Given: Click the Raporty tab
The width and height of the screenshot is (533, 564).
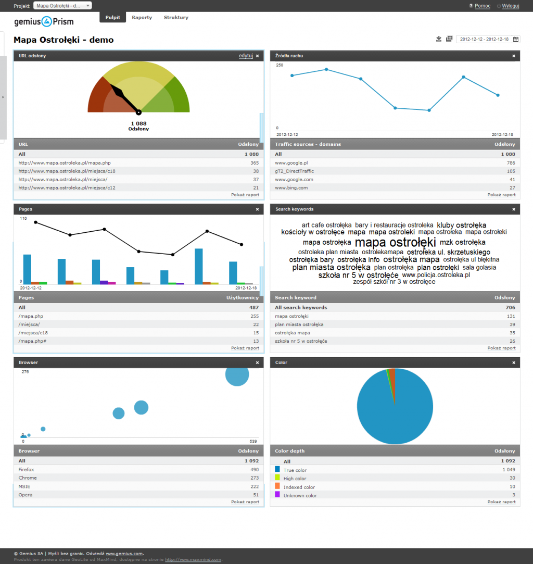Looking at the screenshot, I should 142,18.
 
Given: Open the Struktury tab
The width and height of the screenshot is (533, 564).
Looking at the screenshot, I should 176,18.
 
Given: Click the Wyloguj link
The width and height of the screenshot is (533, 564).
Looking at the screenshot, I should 511,6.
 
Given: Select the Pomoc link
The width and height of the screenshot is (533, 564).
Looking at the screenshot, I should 483,6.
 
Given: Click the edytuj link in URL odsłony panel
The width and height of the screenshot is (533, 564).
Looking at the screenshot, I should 246,56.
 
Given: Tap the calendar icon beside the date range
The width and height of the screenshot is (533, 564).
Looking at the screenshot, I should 516,39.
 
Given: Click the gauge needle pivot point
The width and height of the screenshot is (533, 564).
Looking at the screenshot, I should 138,112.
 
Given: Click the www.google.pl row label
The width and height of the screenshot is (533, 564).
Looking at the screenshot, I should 291,163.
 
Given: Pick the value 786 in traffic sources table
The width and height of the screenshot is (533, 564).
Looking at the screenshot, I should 511,163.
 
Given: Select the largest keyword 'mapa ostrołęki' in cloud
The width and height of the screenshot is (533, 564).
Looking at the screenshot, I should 395,243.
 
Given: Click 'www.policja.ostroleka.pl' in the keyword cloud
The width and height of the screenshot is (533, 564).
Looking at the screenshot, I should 436,275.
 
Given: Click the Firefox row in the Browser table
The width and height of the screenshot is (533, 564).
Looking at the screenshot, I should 27,470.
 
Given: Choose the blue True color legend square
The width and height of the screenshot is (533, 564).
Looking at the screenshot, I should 277,469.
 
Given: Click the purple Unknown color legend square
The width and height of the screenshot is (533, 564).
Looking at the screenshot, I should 277,495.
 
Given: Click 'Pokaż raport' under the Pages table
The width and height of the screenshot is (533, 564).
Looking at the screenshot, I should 245,348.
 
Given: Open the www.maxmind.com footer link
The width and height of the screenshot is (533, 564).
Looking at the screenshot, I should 193,560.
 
